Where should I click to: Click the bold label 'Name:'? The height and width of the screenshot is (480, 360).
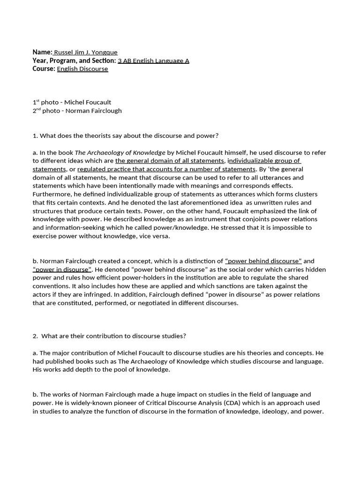[42, 52]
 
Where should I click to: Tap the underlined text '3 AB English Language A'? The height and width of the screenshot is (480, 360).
[153, 60]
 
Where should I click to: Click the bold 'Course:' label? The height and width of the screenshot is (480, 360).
[44, 69]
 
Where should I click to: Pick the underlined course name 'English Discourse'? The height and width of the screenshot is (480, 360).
[82, 69]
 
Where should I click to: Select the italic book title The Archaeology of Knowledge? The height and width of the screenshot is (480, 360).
[120, 152]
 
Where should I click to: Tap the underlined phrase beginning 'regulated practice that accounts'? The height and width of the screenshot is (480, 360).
[166, 169]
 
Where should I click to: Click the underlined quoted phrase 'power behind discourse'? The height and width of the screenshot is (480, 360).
[263, 261]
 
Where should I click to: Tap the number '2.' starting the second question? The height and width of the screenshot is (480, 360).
[36, 336]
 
